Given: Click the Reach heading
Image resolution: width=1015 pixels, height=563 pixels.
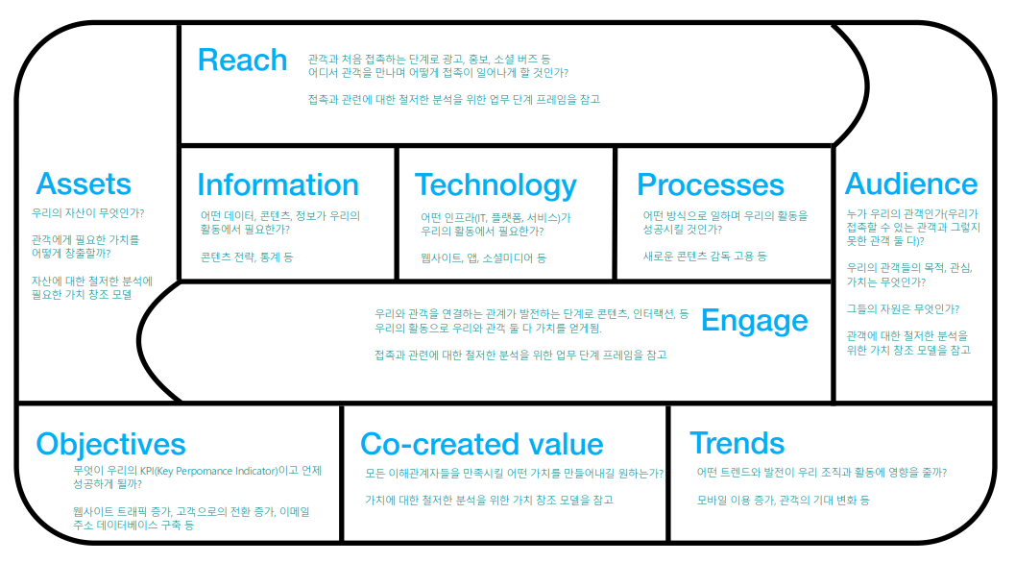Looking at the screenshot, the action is tap(242, 60).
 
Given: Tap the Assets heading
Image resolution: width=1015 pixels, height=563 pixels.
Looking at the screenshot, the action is tap(84, 184).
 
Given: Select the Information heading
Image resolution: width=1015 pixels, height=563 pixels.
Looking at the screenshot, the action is tap(278, 184).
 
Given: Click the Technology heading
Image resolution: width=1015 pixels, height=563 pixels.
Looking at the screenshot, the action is tap(495, 184).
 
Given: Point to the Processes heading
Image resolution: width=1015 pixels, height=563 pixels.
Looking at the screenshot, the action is tap(710, 184).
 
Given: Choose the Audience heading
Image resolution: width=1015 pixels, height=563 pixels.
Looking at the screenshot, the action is tap(910, 184).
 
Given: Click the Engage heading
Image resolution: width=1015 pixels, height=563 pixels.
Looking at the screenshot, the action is tap(754, 320).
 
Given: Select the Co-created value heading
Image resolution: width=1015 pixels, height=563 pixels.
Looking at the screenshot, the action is tap(481, 444).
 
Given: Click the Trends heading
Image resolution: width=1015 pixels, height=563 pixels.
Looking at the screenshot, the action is tap(737, 443).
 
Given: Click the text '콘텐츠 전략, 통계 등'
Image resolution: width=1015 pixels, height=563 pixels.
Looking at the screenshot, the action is tap(247, 257).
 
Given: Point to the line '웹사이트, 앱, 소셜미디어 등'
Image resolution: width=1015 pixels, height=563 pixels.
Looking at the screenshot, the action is tap(483, 257).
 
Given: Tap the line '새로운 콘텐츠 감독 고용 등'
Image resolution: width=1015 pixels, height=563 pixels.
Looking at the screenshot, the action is tap(705, 257).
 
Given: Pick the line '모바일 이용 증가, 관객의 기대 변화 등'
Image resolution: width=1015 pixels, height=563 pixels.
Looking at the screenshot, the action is tap(783, 501).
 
